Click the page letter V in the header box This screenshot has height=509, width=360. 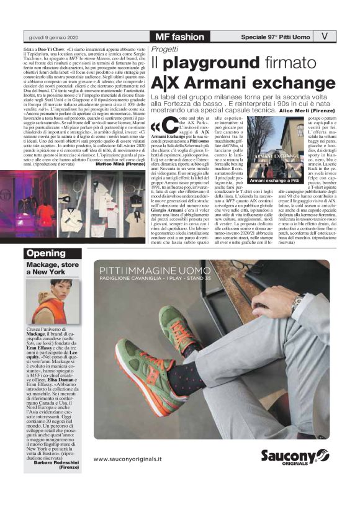(x=325, y=36)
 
